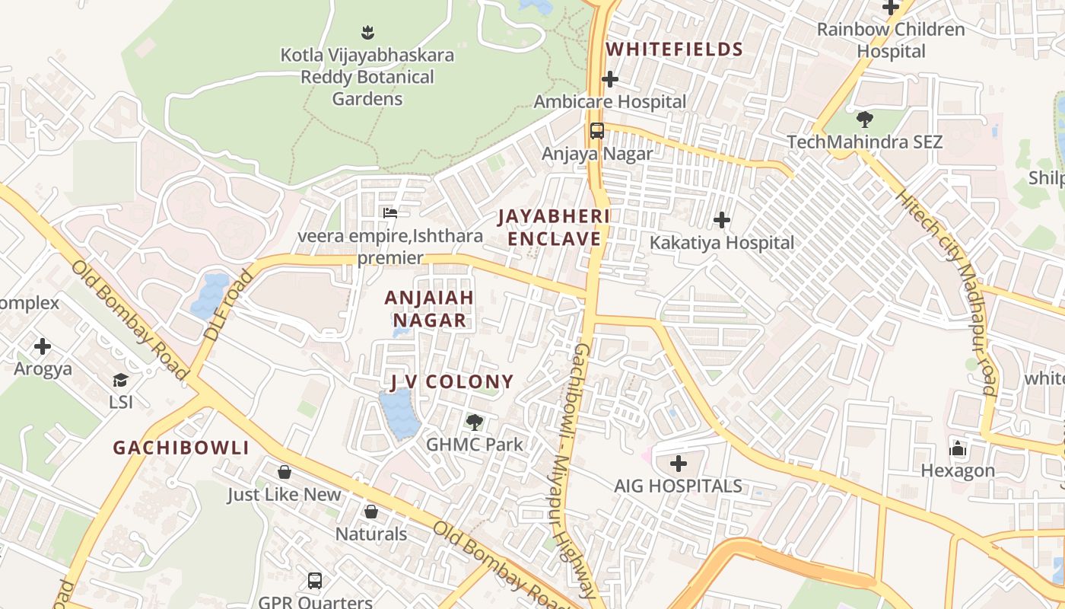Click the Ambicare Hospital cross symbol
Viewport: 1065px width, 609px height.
(609, 79)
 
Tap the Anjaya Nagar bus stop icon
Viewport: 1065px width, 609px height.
(597, 131)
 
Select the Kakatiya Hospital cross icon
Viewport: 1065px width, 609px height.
(721, 221)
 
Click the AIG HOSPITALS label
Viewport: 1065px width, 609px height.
(678, 486)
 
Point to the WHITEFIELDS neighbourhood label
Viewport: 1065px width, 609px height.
(674, 49)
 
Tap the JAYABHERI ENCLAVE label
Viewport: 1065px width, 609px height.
(554, 228)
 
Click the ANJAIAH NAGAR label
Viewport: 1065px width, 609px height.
(429, 309)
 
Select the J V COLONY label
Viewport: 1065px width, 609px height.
(452, 381)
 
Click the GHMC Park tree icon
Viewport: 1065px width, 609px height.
(475, 422)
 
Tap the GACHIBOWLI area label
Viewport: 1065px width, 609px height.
(181, 448)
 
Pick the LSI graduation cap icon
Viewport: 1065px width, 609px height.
(120, 380)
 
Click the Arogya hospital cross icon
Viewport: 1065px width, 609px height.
(43, 346)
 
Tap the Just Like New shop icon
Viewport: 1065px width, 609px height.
(285, 472)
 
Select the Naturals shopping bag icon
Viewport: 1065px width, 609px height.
(371, 512)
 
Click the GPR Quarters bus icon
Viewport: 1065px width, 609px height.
(315, 581)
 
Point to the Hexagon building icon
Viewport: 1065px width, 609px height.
(958, 449)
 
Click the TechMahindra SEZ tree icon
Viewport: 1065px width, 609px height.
(864, 120)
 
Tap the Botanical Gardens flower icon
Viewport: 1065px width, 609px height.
(367, 33)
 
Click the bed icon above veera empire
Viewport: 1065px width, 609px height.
(390, 213)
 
